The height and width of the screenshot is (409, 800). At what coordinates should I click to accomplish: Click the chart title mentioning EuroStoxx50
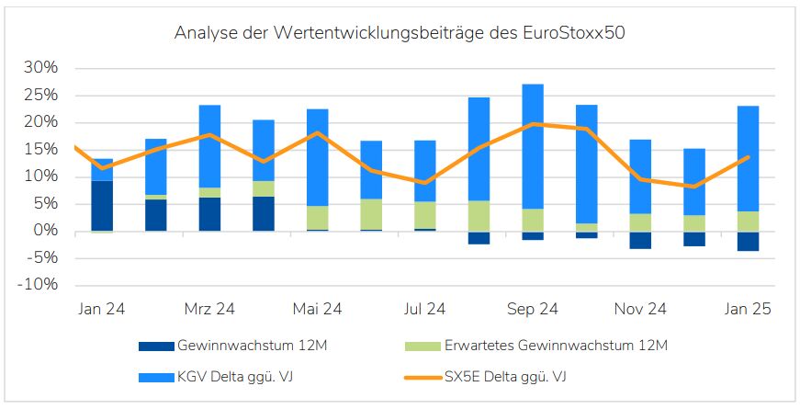coord(400,34)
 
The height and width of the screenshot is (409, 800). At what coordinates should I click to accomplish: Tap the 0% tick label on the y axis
coord(46,231)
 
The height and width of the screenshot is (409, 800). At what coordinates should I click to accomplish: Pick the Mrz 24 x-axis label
coord(209,310)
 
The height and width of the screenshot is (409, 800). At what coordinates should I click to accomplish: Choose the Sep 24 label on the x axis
coord(533,310)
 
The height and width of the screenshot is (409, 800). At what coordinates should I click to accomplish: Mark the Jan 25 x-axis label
coord(748,310)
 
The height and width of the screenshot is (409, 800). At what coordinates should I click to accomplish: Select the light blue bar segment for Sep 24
coord(533,147)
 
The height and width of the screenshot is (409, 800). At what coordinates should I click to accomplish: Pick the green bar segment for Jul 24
coord(425,215)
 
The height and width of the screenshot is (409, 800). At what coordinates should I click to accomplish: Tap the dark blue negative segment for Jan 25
coord(748,241)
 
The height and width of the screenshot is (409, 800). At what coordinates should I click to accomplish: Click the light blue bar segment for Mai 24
coord(317,157)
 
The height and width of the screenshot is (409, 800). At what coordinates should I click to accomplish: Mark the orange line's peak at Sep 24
coord(533,123)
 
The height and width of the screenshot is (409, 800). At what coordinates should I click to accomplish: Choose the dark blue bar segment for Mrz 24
coord(209,214)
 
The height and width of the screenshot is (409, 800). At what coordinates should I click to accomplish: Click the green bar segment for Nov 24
coord(640,222)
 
